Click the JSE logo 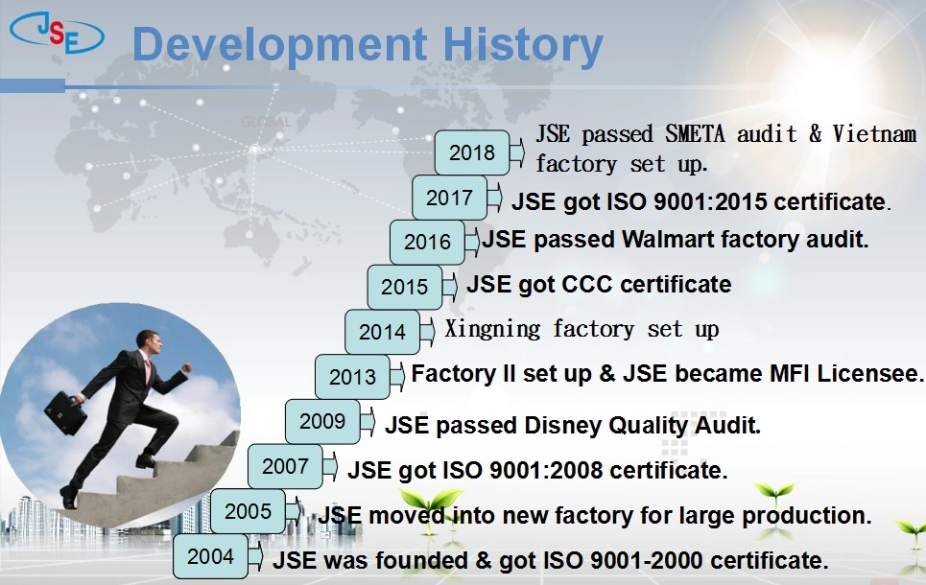(x=57, y=33)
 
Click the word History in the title (x=523, y=45)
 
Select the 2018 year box (x=472, y=152)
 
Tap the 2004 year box (x=210, y=556)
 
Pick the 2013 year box (x=352, y=377)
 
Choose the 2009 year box (x=322, y=421)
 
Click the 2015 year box (x=405, y=287)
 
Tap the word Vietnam (x=874, y=134)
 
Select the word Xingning (x=492, y=329)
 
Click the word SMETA (x=695, y=134)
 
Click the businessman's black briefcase (x=65, y=412)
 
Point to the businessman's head (x=148, y=341)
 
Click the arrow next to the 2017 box (x=494, y=198)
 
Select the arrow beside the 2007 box (x=330, y=466)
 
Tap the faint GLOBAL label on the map (x=267, y=122)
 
